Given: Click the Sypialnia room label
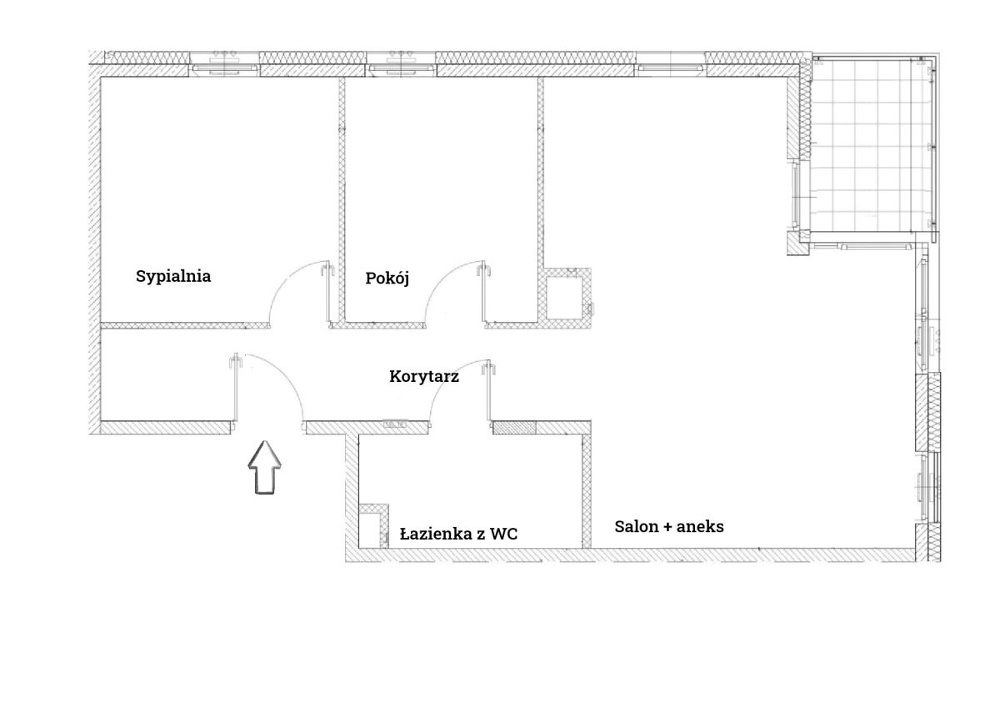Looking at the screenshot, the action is pyautogui.click(x=173, y=277).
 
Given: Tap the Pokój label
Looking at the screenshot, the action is pyautogui.click(x=387, y=278).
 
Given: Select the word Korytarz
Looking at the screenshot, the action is pyautogui.click(x=423, y=377).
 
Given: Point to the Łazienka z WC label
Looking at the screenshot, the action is pyautogui.click(x=458, y=534).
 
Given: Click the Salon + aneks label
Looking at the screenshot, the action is pyautogui.click(x=668, y=527).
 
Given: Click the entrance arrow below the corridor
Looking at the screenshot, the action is pyautogui.click(x=265, y=467).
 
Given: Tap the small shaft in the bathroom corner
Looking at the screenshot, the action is pyautogui.click(x=373, y=525).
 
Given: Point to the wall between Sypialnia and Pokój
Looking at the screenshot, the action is pyautogui.click(x=342, y=199).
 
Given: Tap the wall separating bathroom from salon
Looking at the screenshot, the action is pyautogui.click(x=587, y=490).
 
